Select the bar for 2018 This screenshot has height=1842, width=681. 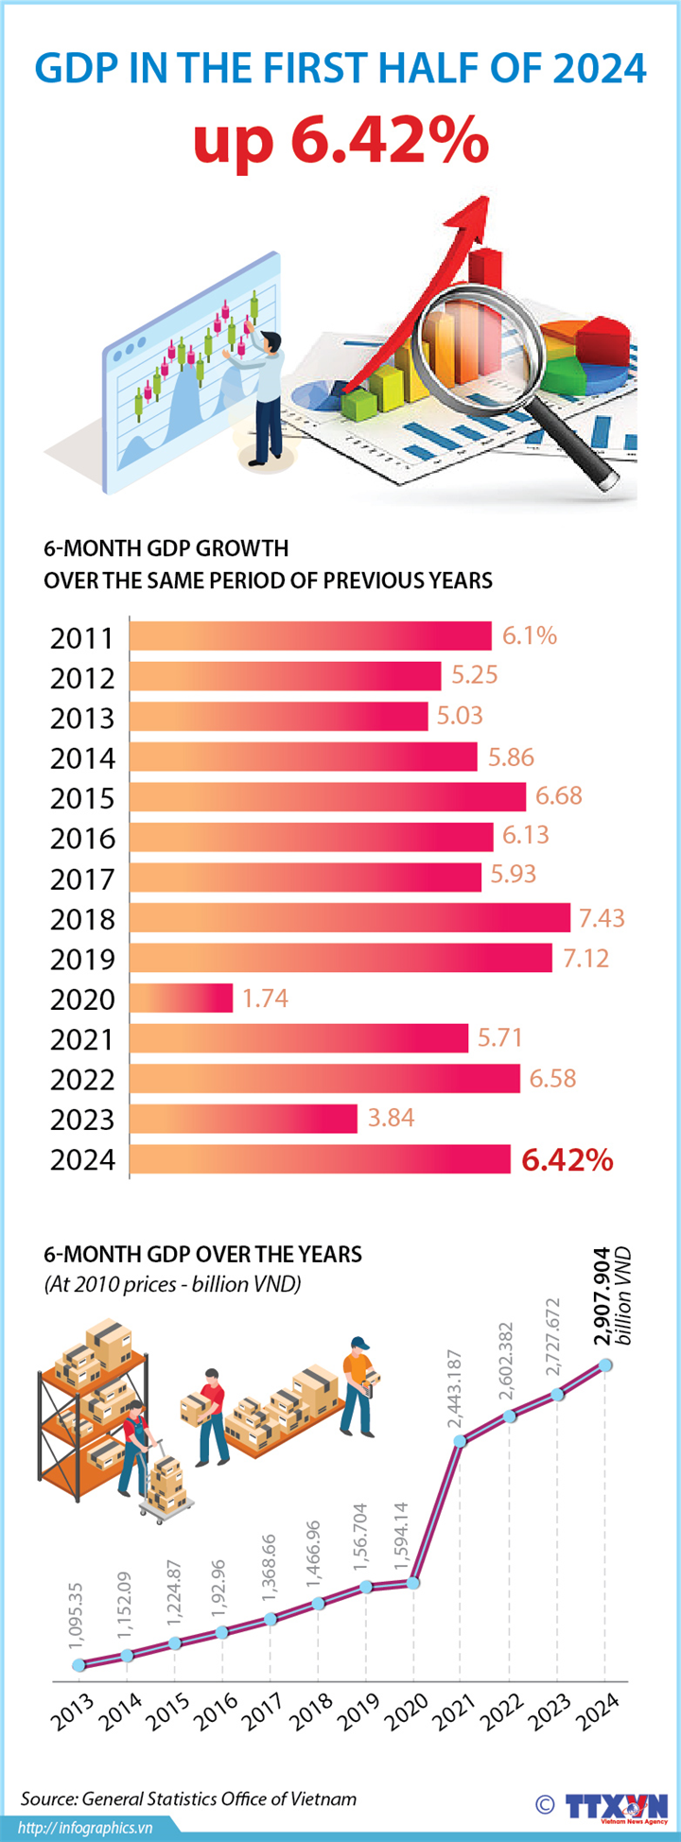pos(349,917)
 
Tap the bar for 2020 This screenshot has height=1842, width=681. pos(181,998)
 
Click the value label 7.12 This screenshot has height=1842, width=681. pos(586,958)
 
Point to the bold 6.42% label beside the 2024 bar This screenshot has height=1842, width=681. pos(567,1159)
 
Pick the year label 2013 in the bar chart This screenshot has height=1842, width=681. pos(82,718)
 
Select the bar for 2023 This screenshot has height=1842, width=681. pos(243,1119)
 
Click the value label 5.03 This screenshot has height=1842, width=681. pos(460,716)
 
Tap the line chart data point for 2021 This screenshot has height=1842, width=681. pos(461,1441)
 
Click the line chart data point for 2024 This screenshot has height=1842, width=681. pos(605,1365)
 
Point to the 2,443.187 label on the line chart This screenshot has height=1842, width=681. pos(455,1389)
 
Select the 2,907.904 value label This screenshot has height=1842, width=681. pos(602,1296)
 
